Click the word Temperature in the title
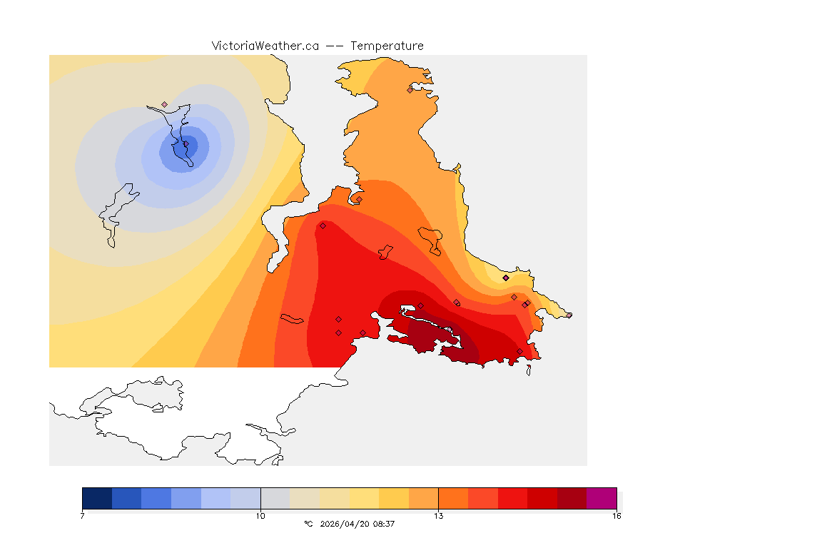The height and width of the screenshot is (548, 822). [387, 46]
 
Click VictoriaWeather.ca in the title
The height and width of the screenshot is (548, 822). [265, 46]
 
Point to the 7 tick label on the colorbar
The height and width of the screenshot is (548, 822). [83, 515]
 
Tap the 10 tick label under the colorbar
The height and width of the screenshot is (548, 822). [260, 515]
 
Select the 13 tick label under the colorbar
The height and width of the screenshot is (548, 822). [438, 515]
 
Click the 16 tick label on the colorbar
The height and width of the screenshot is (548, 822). [616, 515]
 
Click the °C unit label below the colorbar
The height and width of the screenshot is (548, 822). [308, 524]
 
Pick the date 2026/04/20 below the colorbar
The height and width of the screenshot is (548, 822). [343, 524]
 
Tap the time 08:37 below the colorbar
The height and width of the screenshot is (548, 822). [383, 524]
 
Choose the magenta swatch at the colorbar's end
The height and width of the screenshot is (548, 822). [601, 497]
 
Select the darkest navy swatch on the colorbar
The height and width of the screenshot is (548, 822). [97, 497]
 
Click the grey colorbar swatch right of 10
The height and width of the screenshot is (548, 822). [275, 497]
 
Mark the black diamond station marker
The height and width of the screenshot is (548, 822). [506, 278]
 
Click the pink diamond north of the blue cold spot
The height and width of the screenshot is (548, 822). [165, 104]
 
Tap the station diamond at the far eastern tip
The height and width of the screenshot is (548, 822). [569, 315]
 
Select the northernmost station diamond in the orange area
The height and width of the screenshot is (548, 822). [410, 90]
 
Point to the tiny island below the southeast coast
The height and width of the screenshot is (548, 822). [529, 370]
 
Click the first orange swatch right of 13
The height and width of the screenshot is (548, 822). [453, 497]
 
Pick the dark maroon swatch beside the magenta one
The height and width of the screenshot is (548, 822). [572, 497]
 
